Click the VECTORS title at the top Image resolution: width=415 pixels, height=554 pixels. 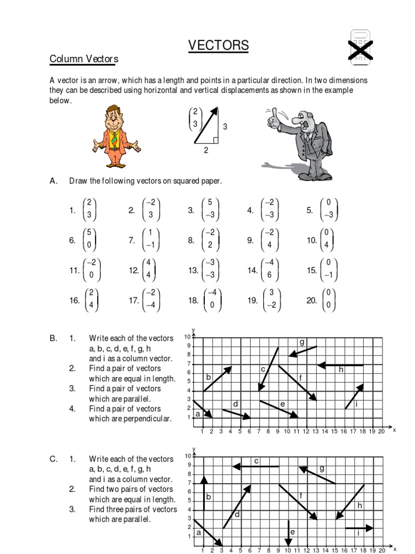click(218, 46)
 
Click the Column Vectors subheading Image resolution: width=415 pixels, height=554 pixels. click(84, 59)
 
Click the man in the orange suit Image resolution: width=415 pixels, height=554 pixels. click(116, 136)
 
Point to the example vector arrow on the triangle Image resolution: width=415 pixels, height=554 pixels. click(206, 125)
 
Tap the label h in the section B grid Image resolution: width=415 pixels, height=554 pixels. click(341, 370)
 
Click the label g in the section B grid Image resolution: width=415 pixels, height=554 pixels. click(302, 342)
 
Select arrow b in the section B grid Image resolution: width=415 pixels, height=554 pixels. click(217, 379)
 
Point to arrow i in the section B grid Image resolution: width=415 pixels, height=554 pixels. click(354, 396)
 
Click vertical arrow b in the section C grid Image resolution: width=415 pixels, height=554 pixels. click(204, 493)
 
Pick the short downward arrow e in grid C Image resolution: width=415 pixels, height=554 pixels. click(288, 532)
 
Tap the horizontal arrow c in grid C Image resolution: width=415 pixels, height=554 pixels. click(255, 466)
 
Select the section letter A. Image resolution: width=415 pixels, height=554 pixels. click(53, 181)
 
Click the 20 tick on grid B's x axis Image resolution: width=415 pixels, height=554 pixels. click(381, 431)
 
